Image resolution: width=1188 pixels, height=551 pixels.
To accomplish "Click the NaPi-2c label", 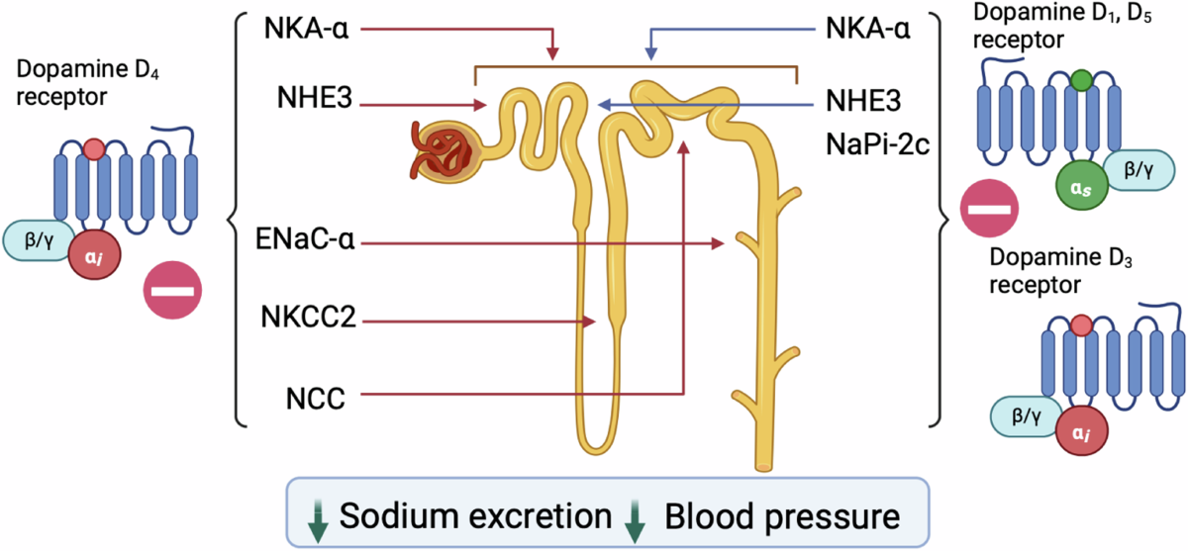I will [878, 142].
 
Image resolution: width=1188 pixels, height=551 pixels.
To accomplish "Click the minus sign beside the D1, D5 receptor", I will [987, 211].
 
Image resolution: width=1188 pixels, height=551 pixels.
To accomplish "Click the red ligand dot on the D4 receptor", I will [93, 148].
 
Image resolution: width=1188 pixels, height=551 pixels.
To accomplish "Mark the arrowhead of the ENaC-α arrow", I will [723, 242].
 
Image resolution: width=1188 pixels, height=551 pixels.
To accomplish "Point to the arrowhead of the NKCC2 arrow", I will [590, 321].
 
